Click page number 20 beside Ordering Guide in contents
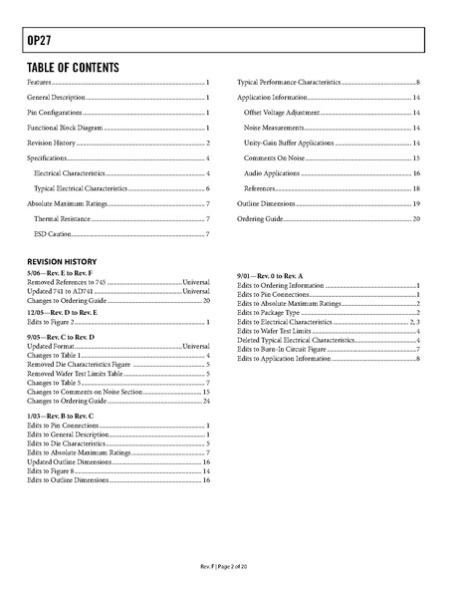tap(417, 218)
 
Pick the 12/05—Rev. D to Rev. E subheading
tap(61, 312)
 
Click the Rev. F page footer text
tap(230, 568)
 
